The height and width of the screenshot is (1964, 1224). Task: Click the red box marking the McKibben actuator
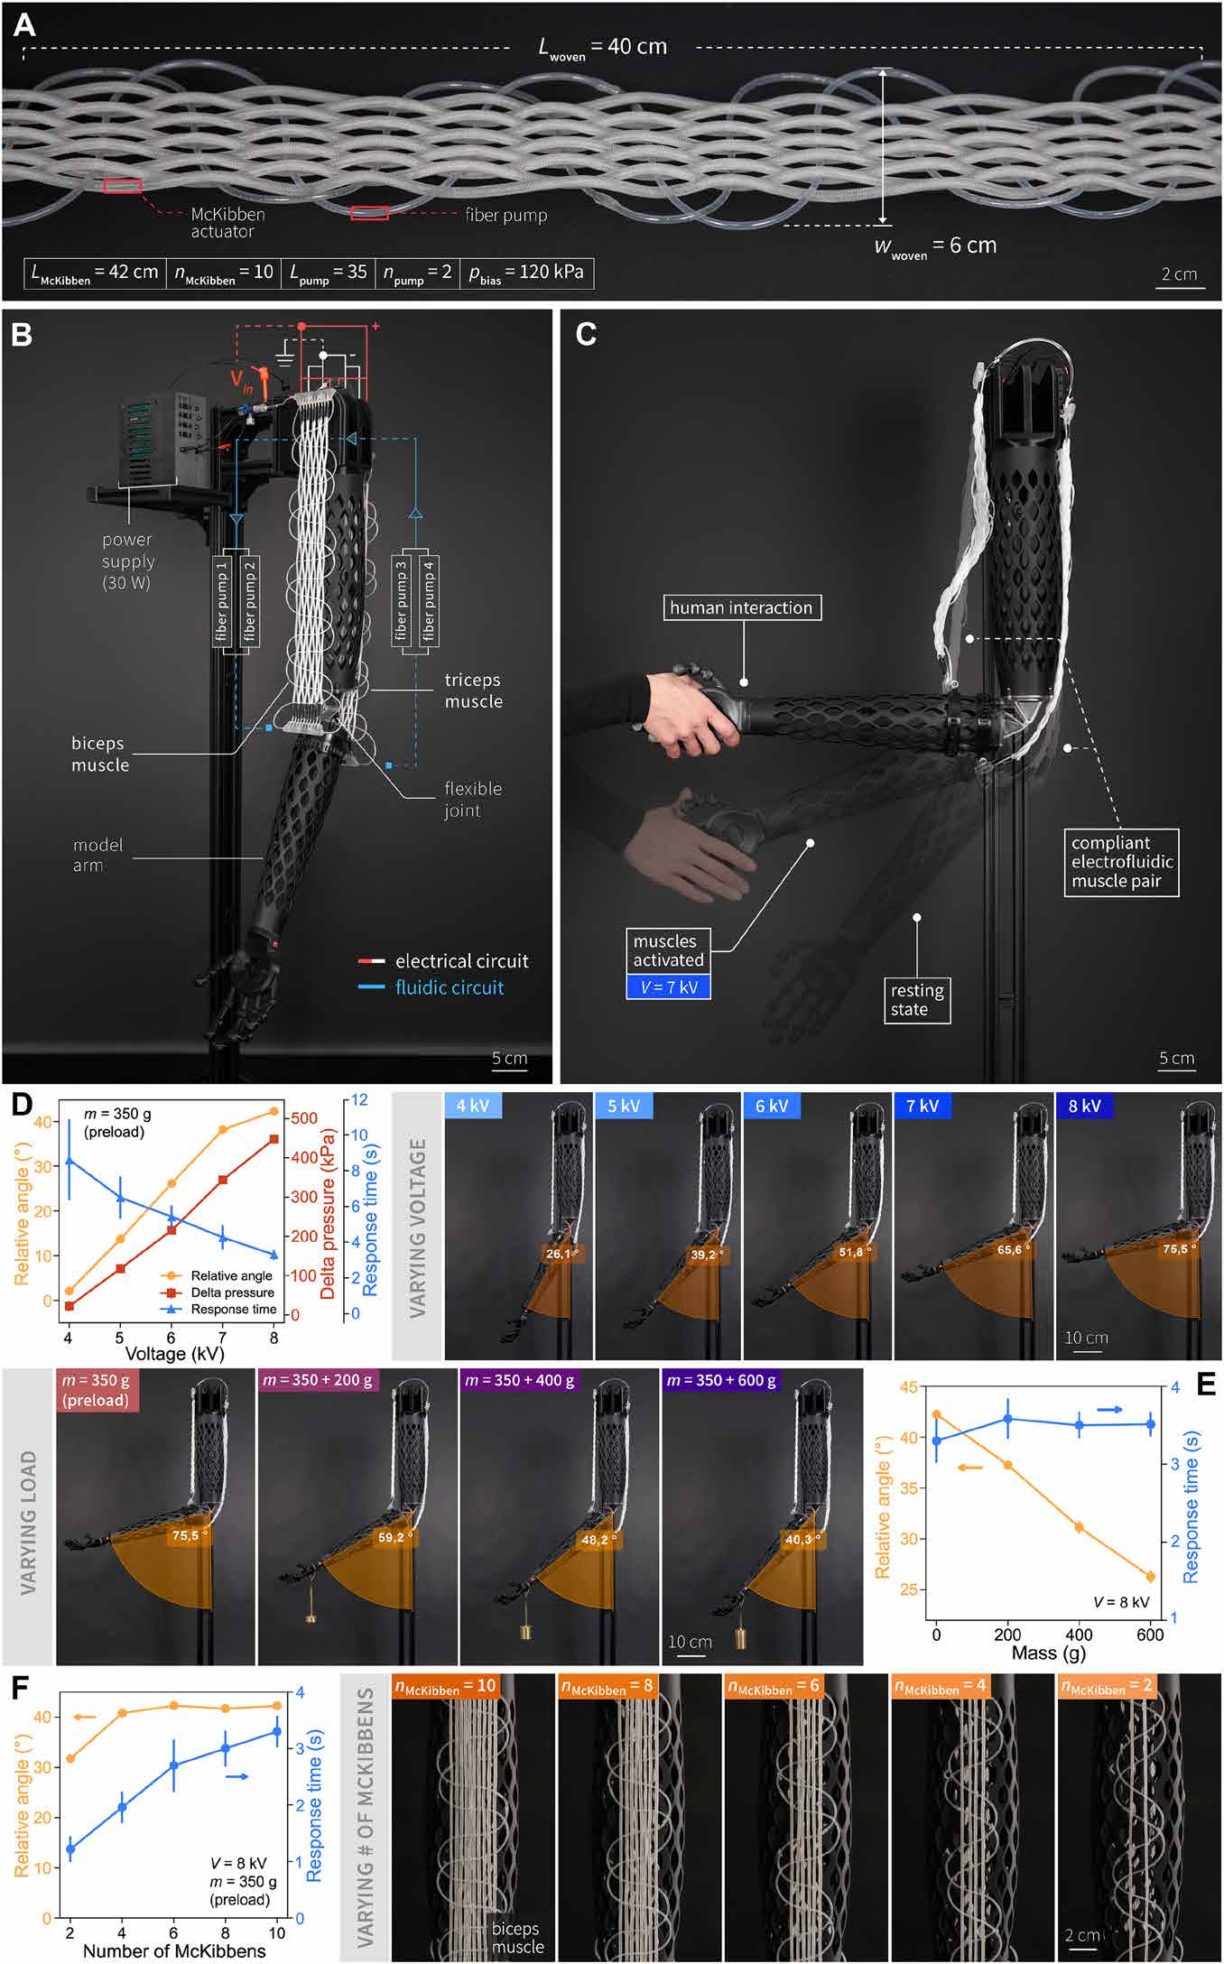point(123,186)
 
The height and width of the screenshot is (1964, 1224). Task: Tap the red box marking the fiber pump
point(369,213)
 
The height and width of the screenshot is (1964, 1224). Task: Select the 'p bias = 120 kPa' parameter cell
point(526,273)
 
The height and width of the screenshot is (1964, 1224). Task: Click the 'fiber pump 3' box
point(401,600)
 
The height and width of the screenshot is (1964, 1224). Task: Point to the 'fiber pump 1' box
point(222,600)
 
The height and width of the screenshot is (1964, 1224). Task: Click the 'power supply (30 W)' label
point(127,560)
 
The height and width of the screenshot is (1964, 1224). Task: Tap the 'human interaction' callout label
point(741,607)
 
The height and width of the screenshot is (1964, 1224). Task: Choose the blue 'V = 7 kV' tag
point(669,987)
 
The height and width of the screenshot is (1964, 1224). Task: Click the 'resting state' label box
point(917,1000)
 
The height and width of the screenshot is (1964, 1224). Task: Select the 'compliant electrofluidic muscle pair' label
point(1121,862)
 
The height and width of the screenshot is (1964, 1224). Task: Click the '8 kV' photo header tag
point(1084,1107)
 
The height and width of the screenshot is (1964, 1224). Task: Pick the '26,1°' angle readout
point(561,1254)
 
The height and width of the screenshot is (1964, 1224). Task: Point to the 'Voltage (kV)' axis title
point(173,1353)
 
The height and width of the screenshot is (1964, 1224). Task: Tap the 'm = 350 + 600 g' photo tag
point(721,1380)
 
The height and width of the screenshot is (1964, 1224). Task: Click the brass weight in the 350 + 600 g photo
point(741,1637)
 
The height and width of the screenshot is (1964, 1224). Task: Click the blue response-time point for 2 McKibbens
point(70,1849)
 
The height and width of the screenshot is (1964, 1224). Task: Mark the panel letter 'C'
point(586,334)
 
